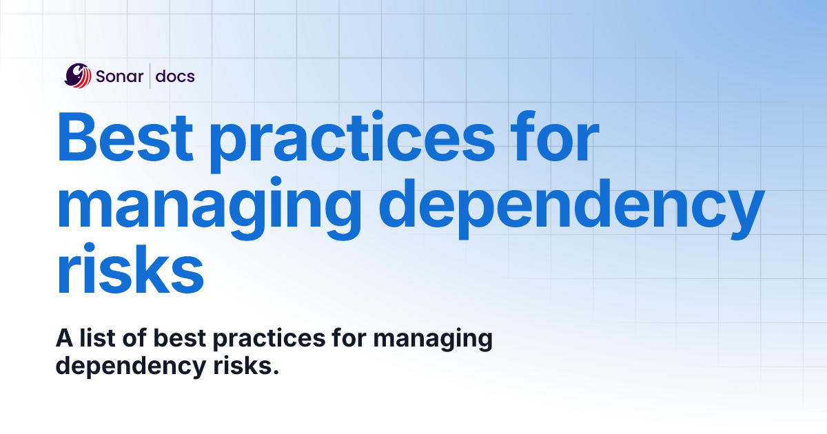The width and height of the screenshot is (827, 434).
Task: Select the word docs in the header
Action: click(x=175, y=76)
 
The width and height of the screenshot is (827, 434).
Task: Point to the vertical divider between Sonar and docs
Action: click(x=150, y=76)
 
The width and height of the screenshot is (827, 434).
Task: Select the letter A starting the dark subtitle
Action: click(x=63, y=339)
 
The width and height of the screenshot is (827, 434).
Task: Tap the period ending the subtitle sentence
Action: click(x=275, y=372)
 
